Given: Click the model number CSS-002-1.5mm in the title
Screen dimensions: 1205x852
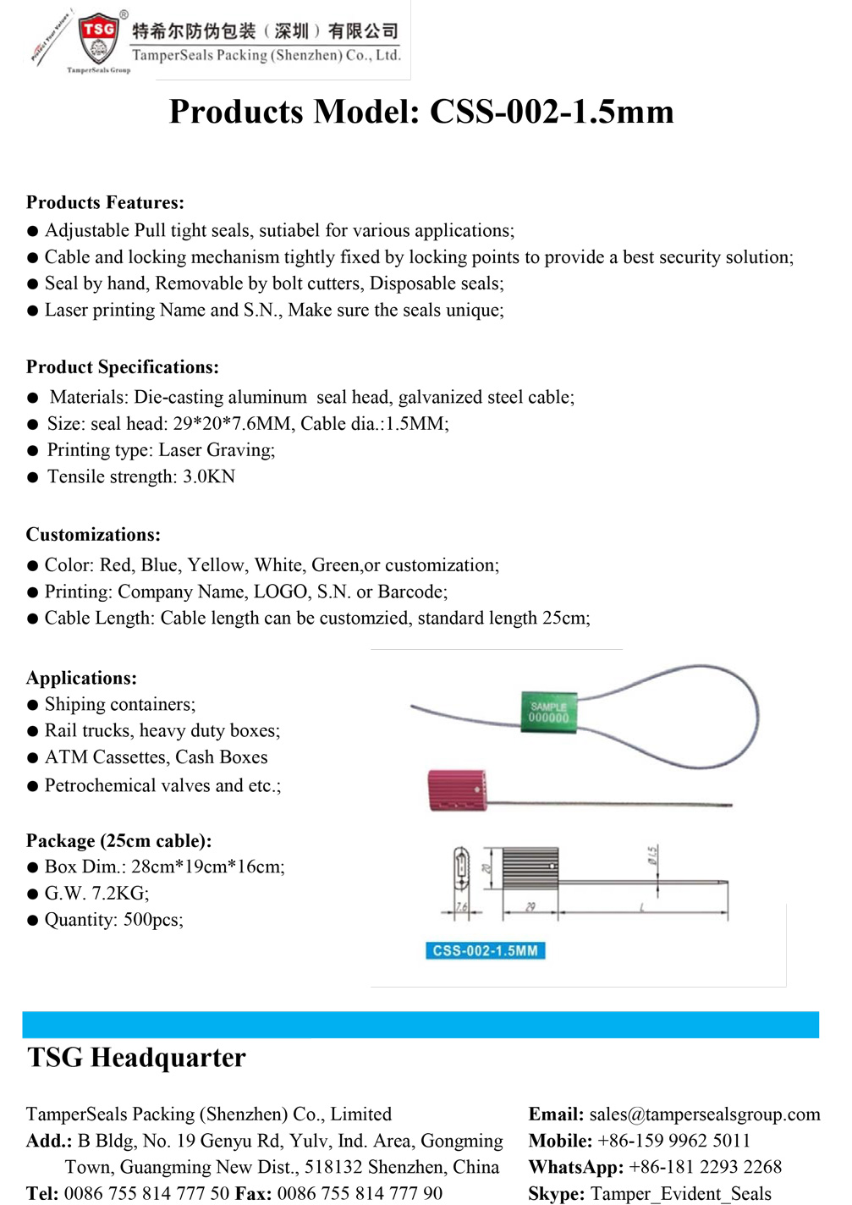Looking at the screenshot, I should pyautogui.click(x=552, y=112).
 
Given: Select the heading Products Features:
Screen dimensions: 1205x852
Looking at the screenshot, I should pyautogui.click(x=105, y=202).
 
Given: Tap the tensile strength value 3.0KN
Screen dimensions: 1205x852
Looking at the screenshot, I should pyautogui.click(x=209, y=476).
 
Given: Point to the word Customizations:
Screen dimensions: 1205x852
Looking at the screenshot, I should pyautogui.click(x=93, y=535).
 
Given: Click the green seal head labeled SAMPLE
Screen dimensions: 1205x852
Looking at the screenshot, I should pyautogui.click(x=548, y=713).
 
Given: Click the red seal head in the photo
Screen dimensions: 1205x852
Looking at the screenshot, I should pyautogui.click(x=457, y=790).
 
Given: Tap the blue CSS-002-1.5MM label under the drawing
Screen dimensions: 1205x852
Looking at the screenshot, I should pyautogui.click(x=485, y=951).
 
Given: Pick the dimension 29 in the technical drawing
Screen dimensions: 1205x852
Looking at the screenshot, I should pyautogui.click(x=530, y=907).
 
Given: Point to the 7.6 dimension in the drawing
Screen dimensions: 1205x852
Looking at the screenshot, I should pyautogui.click(x=461, y=907).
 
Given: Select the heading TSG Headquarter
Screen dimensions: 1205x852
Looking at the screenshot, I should pyautogui.click(x=136, y=1058).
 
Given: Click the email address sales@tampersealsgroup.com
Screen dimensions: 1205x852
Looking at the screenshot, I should pyautogui.click(x=705, y=1114).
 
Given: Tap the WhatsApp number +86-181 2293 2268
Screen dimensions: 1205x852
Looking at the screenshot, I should pyautogui.click(x=705, y=1167).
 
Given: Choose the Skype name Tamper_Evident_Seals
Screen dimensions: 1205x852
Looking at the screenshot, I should pyautogui.click(x=681, y=1193).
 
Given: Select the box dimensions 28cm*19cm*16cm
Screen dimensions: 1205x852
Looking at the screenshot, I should pyautogui.click(x=207, y=867).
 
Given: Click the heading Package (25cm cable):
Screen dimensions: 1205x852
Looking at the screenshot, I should pyautogui.click(x=118, y=841).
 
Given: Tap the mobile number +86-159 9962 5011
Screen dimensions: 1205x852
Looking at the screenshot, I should pyautogui.click(x=673, y=1141).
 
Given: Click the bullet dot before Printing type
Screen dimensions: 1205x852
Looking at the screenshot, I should pyautogui.click(x=33, y=450).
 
